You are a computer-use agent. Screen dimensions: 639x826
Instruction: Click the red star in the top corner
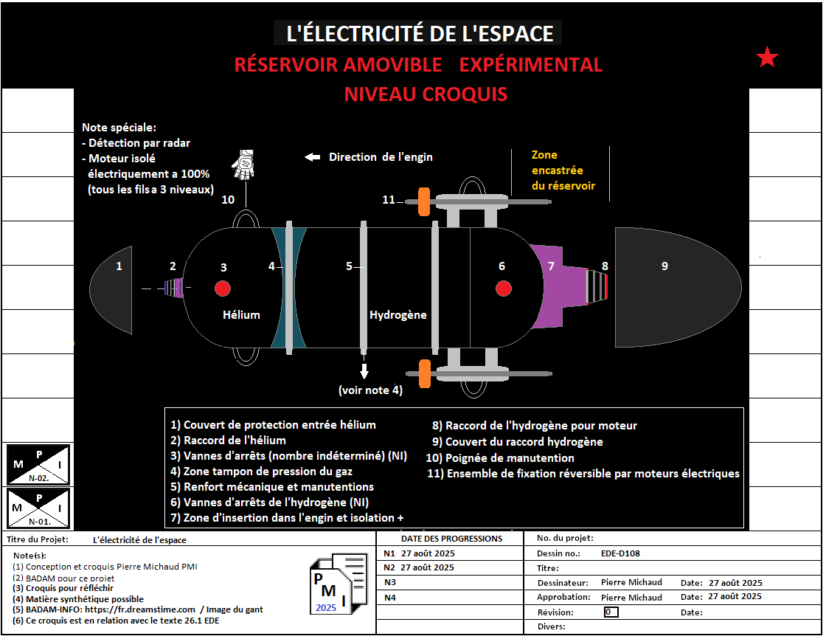(x=768, y=58)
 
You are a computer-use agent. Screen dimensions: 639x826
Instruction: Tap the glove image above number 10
(x=244, y=164)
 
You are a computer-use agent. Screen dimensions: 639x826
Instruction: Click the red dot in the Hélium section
(x=223, y=288)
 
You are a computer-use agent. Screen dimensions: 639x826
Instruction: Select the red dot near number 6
(x=503, y=288)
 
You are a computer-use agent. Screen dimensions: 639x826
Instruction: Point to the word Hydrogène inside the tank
(x=398, y=315)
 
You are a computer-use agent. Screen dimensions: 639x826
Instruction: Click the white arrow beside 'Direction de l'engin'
(x=313, y=157)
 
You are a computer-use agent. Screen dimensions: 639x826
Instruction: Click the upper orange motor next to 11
(x=424, y=201)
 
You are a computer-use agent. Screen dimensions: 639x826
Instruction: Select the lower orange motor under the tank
(x=424, y=373)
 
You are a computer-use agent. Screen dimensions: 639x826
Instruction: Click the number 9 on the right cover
(x=664, y=266)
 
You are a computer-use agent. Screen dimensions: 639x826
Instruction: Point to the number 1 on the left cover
(x=119, y=266)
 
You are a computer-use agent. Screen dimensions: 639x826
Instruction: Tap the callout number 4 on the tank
(x=271, y=266)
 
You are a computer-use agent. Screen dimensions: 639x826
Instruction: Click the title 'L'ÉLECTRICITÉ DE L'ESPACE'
(x=418, y=33)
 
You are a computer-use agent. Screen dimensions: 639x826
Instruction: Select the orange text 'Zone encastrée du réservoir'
(x=563, y=170)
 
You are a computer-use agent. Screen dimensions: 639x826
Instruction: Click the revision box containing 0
(x=610, y=612)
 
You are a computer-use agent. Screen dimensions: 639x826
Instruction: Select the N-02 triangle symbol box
(x=38, y=464)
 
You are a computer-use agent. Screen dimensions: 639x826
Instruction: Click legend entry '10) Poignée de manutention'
(x=500, y=458)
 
